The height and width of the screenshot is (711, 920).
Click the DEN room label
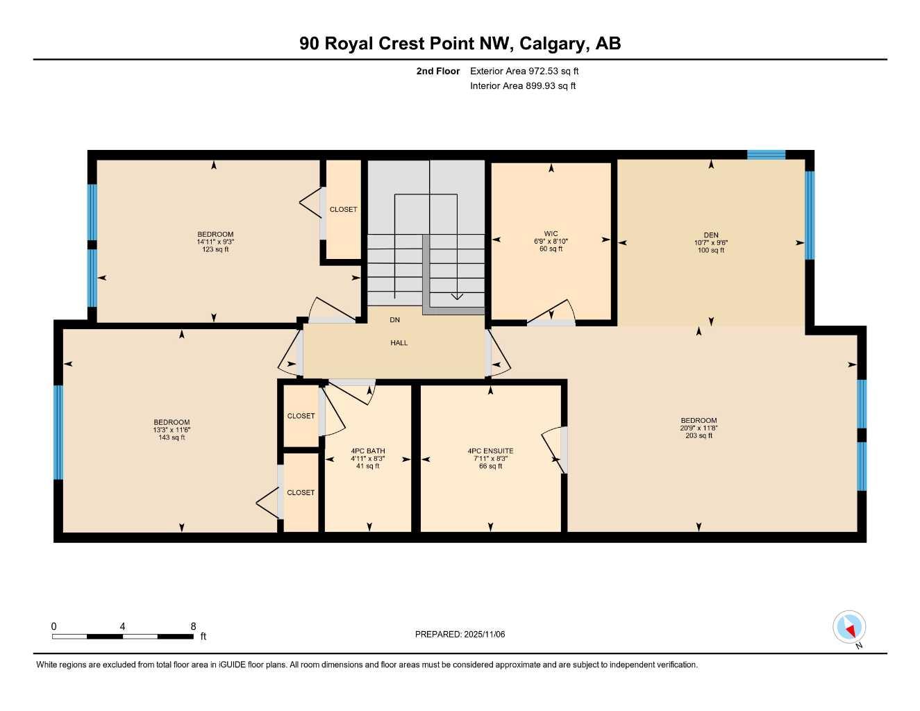point(710,235)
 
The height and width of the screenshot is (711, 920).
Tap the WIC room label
point(551,234)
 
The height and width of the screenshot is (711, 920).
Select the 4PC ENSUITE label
point(490,451)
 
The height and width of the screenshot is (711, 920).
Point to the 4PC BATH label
point(367,451)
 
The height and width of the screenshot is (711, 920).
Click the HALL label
point(399,343)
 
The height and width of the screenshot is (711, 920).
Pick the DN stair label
point(394,320)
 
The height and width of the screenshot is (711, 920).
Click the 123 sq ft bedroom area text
point(215,250)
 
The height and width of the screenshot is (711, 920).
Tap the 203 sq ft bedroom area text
point(699,436)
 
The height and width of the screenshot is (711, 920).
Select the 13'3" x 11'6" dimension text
point(172,430)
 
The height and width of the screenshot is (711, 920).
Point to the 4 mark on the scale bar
point(122,627)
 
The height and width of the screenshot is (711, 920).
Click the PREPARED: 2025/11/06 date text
point(460,634)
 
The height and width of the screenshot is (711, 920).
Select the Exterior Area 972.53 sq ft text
point(524,71)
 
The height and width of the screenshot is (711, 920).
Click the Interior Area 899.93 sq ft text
point(523,86)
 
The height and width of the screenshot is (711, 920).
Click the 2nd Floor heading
point(437,71)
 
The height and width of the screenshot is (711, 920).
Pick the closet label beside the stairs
point(343,210)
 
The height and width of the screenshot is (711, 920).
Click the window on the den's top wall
point(766,155)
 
